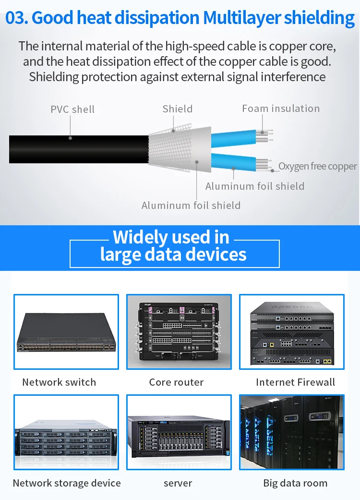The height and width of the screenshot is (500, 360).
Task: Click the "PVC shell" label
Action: pos(72,110)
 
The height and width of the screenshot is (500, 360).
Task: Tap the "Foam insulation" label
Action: pos(281,109)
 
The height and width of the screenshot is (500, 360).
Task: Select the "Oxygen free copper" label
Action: pos(318,166)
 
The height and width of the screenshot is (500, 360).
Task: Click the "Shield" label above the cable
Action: pos(178,109)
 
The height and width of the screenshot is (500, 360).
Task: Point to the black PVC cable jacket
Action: pos(79,149)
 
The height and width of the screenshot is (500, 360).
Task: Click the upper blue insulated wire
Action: pos(234,138)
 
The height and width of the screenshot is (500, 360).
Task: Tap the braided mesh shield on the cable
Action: pos(170,148)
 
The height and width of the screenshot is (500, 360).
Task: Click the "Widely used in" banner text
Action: pos(171,237)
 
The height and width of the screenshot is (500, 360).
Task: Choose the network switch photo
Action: pos(66,332)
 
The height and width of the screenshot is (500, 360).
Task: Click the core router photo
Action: pos(179,332)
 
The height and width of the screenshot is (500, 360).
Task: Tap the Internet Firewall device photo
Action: pos(292,332)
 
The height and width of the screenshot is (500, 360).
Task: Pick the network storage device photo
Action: pos(66,432)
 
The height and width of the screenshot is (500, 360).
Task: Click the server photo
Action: pos(179,432)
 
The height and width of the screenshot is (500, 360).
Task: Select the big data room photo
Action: pos(292,432)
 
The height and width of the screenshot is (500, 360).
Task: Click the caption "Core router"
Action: pos(176,382)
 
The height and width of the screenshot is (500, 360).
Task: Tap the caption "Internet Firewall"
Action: pos(295,382)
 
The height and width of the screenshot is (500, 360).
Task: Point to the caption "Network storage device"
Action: pos(67,483)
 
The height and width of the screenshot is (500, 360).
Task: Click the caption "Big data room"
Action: pos(295,483)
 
